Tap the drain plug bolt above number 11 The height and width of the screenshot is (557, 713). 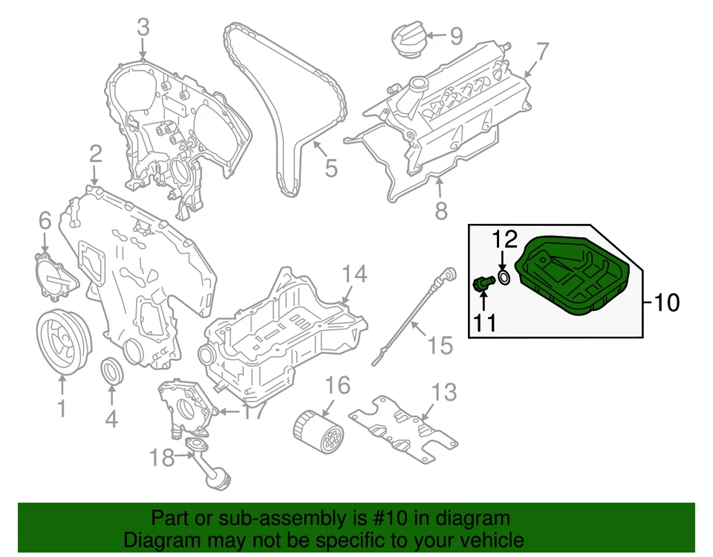click(483, 283)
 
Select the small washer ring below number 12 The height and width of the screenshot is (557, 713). click(503, 278)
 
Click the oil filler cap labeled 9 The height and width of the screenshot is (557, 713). click(408, 39)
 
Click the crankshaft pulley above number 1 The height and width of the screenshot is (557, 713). click(62, 341)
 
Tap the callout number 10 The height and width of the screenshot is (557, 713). click(666, 303)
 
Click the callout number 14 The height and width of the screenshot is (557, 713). click(354, 274)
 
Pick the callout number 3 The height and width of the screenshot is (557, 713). click(143, 28)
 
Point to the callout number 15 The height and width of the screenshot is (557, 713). click(440, 345)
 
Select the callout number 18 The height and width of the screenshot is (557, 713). click(161, 457)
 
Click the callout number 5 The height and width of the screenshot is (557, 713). click(331, 168)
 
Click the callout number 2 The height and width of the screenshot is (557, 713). click(96, 154)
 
